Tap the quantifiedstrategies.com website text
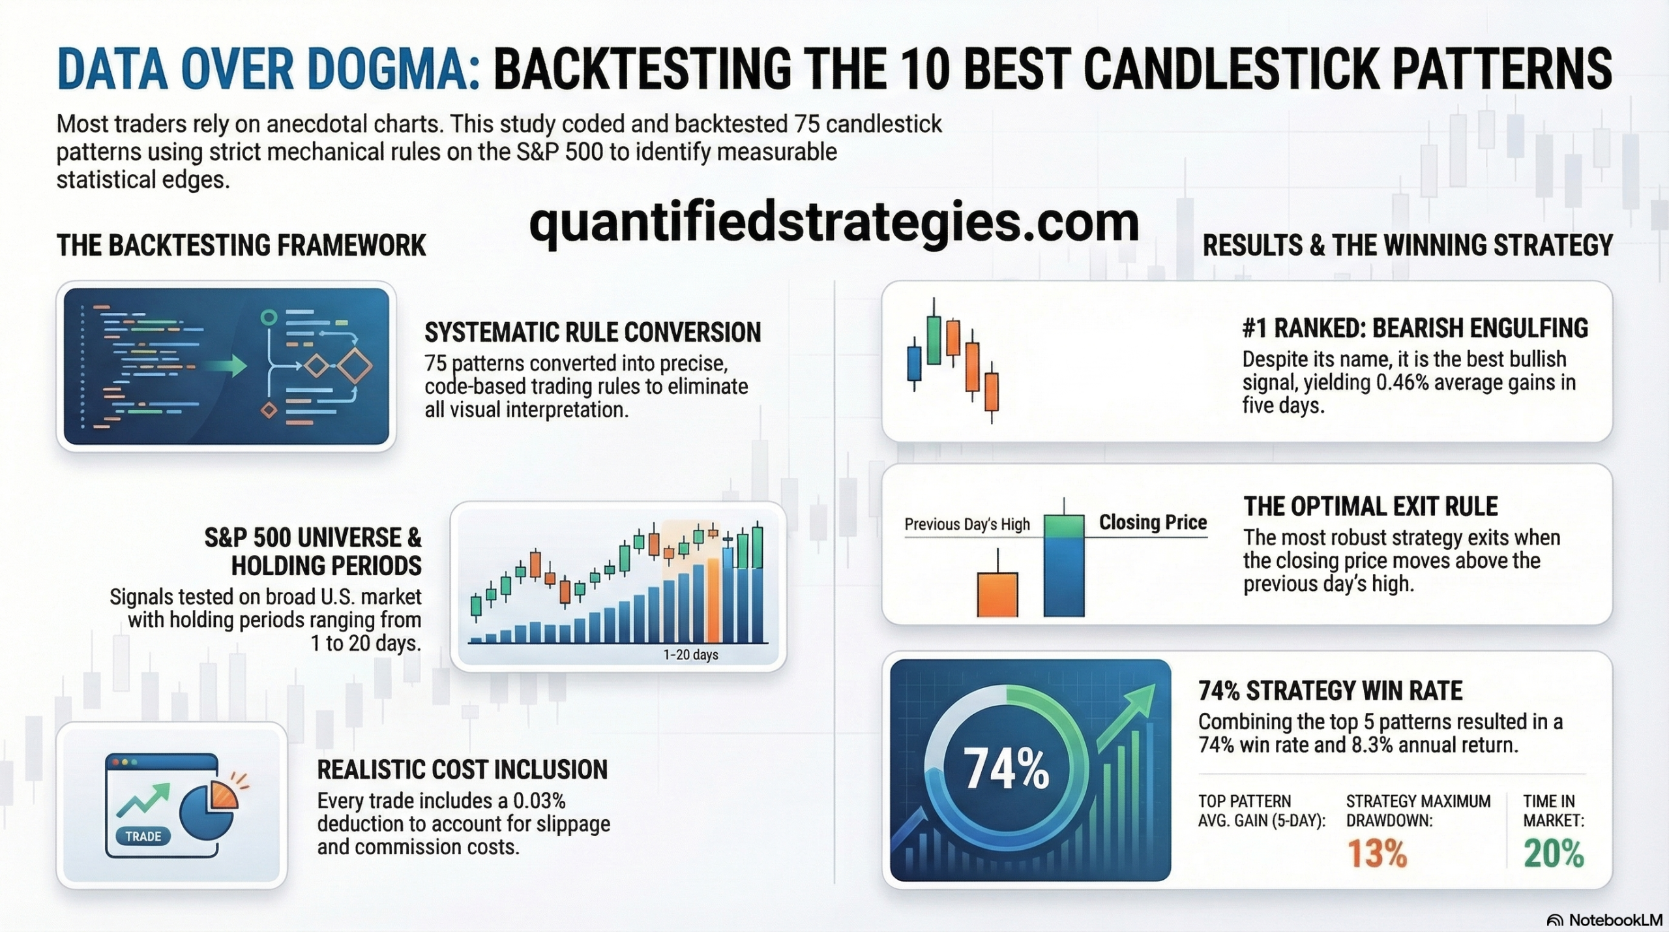[x=834, y=223]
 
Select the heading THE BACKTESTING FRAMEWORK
[x=241, y=246]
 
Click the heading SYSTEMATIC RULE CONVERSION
[x=592, y=333]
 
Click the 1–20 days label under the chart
[x=690, y=654]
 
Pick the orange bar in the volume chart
[x=713, y=600]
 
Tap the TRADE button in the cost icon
[x=143, y=836]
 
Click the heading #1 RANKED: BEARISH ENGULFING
[x=1414, y=328]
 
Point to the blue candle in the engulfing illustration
[x=914, y=364]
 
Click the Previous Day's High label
[x=967, y=524]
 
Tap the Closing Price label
[x=1153, y=522]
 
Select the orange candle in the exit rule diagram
[x=997, y=594]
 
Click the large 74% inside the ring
[x=1005, y=768]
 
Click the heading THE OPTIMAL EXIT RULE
[x=1370, y=507]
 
